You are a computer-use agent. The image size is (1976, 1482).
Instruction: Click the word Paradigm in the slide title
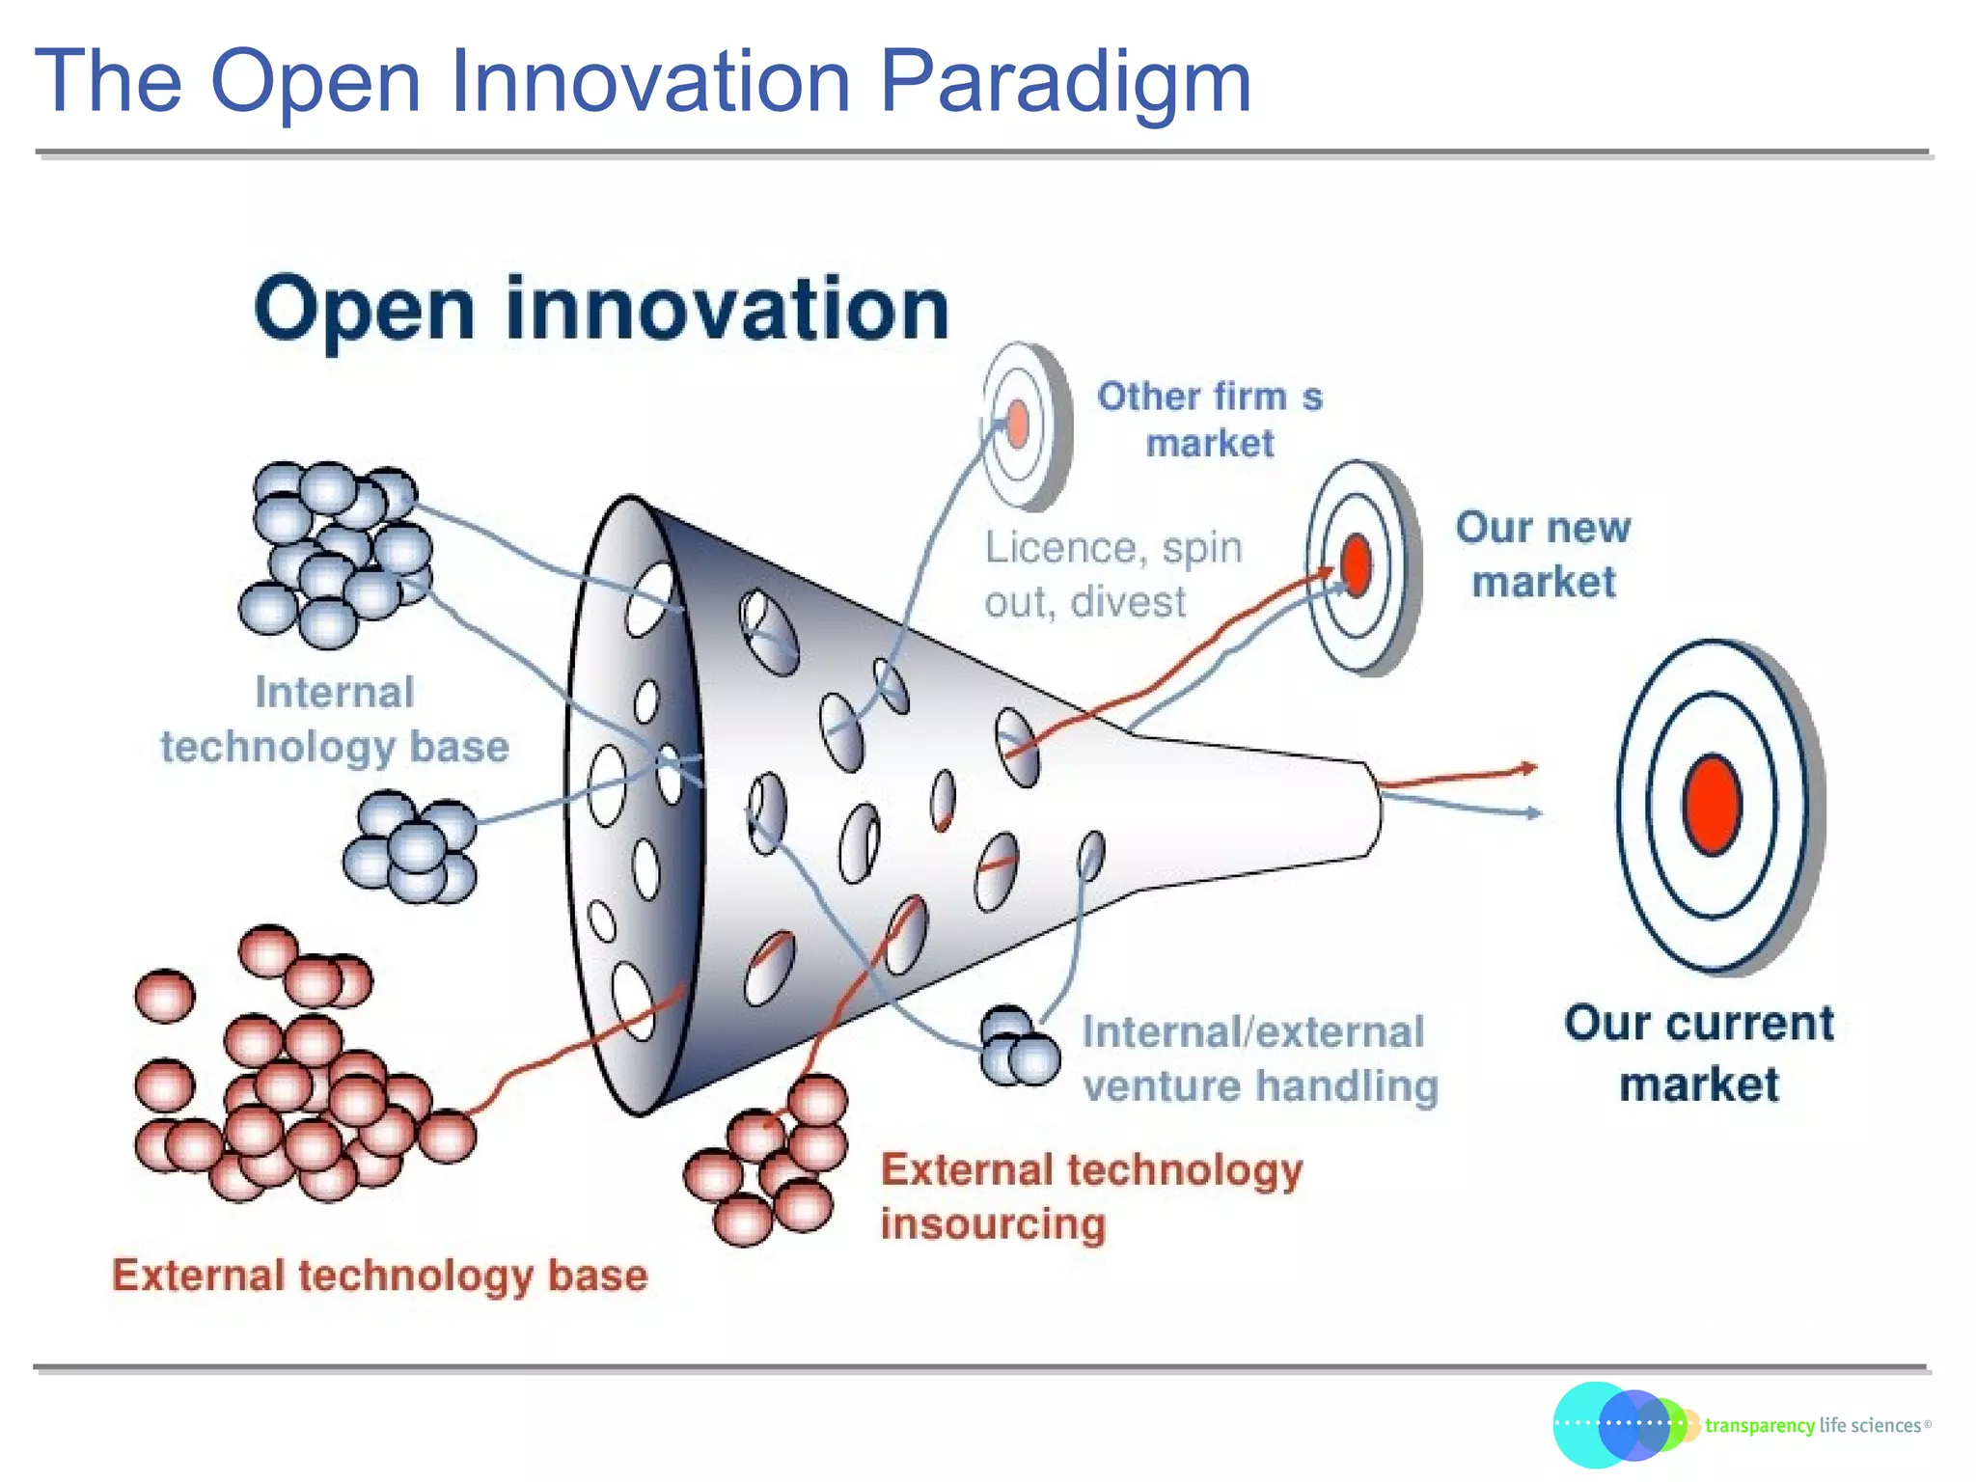click(1064, 82)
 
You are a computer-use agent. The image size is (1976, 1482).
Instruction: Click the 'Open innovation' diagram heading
click(602, 309)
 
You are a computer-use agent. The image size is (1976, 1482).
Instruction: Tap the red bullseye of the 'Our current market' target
click(1711, 805)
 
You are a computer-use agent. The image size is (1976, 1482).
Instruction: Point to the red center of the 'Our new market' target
click(1356, 565)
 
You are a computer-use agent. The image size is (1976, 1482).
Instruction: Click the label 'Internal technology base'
click(334, 720)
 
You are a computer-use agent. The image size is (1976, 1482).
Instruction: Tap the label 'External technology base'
click(379, 1276)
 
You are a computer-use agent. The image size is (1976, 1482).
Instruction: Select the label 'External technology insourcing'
click(1090, 1196)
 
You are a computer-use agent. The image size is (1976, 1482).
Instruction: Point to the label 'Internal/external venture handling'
click(1258, 1058)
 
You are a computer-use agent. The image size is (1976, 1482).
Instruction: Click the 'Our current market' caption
click(1698, 1053)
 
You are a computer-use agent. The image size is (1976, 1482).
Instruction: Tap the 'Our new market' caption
click(1542, 555)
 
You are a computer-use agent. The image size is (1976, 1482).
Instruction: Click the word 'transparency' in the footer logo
click(1759, 1426)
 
